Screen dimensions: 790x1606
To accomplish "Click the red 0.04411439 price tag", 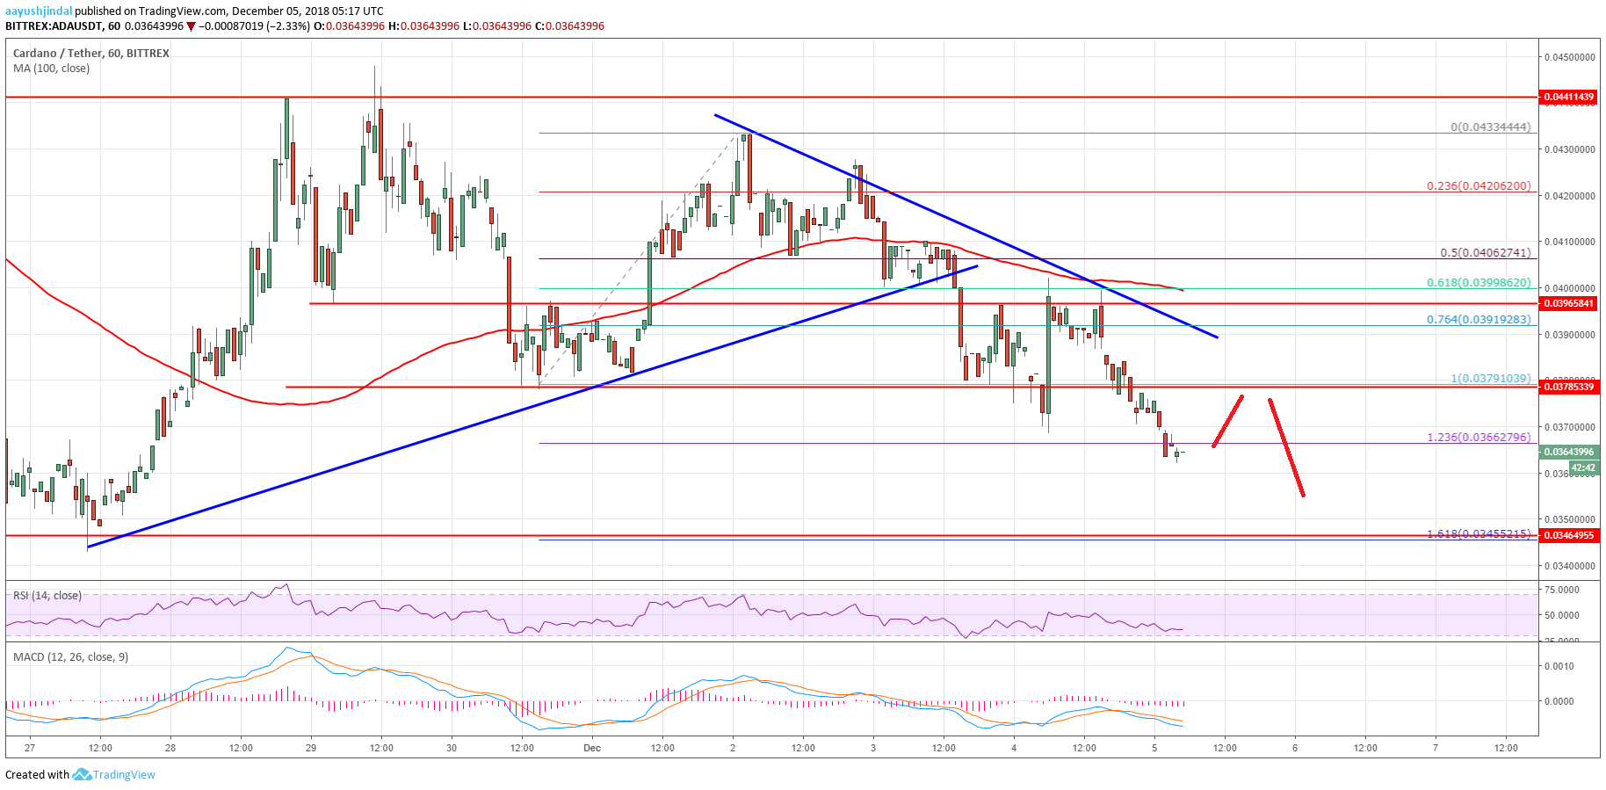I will coord(1568,97).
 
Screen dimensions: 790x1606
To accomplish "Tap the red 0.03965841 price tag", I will coord(1568,303).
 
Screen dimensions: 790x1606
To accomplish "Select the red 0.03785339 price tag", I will coord(1568,387).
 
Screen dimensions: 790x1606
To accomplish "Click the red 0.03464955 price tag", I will coord(1568,535).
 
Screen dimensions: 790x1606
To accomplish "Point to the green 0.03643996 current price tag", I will coord(1568,452).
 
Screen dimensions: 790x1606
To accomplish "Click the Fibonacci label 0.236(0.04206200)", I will coord(1478,186).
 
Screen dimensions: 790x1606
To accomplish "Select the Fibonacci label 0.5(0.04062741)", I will coord(1485,252).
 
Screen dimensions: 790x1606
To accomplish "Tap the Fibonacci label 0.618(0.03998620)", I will coord(1478,283).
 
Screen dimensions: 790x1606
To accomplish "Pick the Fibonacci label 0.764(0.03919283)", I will coord(1478,319).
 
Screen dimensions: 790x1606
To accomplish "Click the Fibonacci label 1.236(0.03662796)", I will coord(1478,437).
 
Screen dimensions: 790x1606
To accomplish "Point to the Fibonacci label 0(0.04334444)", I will coord(1490,127).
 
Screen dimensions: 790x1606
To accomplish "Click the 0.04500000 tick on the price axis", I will coord(1570,57).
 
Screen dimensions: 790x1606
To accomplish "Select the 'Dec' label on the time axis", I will coord(592,748).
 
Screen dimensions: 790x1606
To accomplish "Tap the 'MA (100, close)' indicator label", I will coord(51,69).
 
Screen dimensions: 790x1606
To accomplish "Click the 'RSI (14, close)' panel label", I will coord(47,596).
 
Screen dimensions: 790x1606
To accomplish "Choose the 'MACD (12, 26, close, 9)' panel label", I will coord(70,656).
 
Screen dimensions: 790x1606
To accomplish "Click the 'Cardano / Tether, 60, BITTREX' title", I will coord(91,54).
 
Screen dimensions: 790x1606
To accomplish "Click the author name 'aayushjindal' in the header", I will coord(39,11).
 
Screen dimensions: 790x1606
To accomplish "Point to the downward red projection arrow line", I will coord(1286,447).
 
